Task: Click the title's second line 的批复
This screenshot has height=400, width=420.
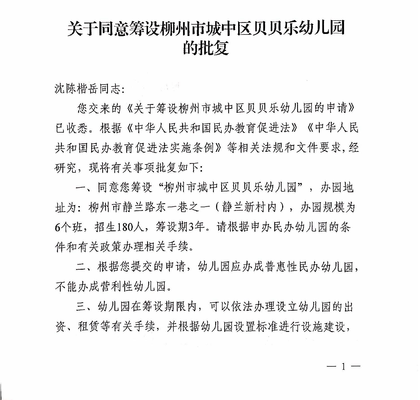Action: pos(206,48)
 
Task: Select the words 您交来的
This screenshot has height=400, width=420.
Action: pos(99,109)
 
